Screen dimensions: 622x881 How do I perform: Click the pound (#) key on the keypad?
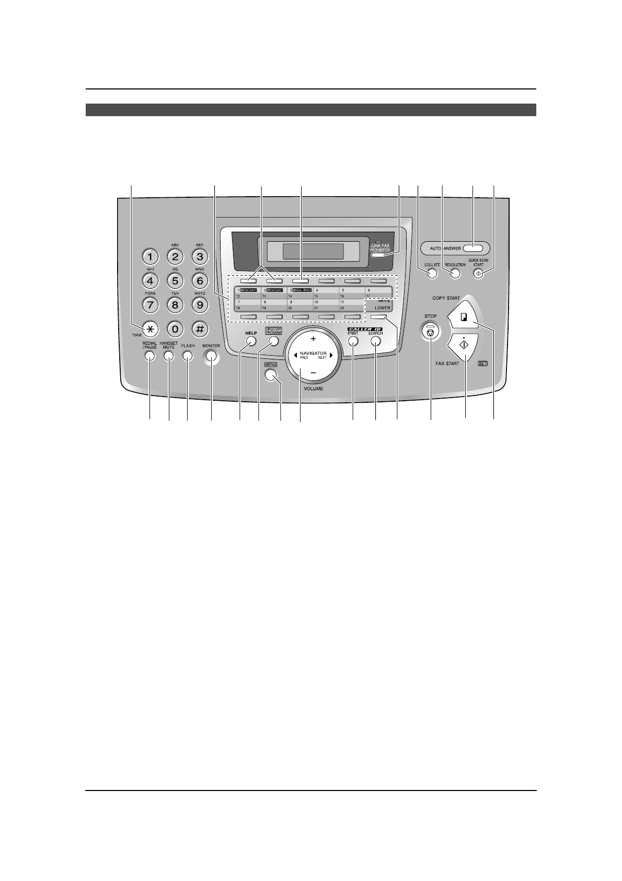tap(200, 329)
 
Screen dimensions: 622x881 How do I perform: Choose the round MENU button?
tap(270, 375)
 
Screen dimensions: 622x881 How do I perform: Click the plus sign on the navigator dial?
tap(313, 340)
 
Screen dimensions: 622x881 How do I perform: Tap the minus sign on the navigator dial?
tap(313, 372)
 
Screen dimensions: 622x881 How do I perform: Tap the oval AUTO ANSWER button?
tap(475, 248)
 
